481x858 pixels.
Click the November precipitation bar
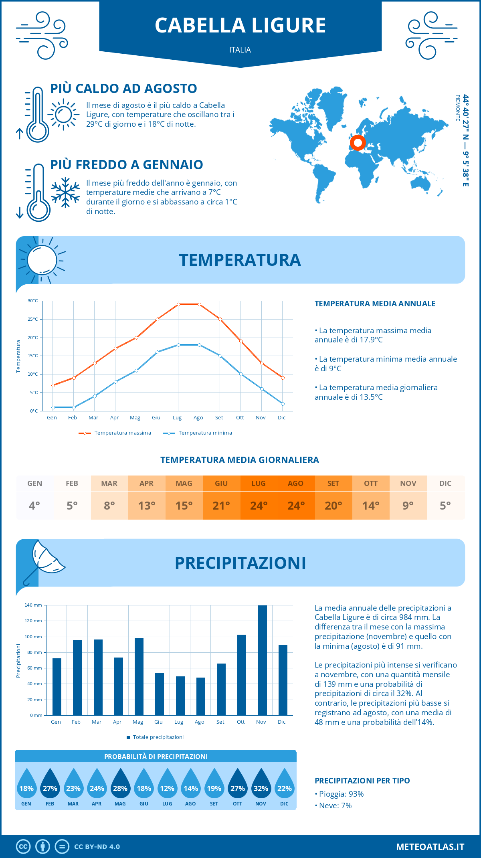coord(262,660)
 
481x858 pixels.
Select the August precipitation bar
coord(201,696)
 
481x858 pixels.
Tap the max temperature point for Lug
coord(178,304)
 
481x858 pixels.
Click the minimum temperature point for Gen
coord(53,407)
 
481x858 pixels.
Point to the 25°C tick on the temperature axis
coord(33,319)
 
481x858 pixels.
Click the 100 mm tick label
coord(33,637)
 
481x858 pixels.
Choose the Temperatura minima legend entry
coord(197,433)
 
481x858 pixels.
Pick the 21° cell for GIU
coord(221,505)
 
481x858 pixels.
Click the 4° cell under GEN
coord(34,505)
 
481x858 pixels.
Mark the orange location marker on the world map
coord(358,142)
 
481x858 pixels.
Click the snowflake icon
coord(65,192)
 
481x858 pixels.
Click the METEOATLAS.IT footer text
coord(430,847)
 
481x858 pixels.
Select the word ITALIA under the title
coord(240,50)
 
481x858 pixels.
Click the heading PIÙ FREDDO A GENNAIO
coord(127,164)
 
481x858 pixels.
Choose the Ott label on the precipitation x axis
coord(240,722)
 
